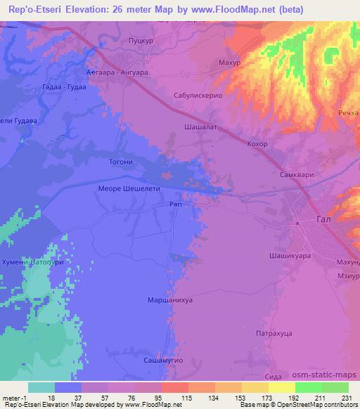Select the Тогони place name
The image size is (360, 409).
pyautogui.click(x=121, y=161)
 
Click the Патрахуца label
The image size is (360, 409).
pyautogui.click(x=274, y=335)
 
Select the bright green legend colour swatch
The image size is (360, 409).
pyautogui.click(x=308, y=387)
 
